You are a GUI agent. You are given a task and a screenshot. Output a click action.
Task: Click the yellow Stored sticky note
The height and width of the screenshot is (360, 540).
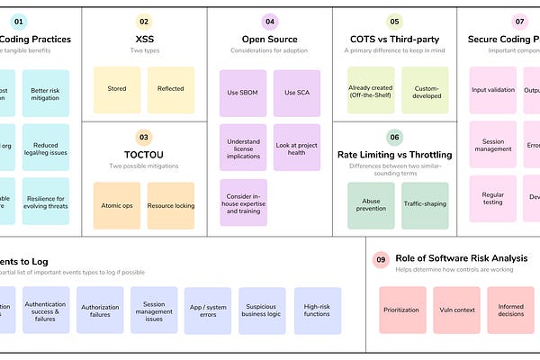(x=117, y=90)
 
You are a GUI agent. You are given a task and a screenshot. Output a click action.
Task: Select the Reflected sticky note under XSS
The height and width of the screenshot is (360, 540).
(x=171, y=90)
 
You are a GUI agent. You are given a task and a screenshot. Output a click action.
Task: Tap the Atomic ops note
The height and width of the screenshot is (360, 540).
(x=117, y=205)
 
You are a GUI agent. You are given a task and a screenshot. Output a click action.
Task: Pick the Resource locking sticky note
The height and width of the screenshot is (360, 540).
(x=171, y=205)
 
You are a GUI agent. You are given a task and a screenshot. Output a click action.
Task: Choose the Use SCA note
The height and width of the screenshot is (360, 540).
(x=297, y=93)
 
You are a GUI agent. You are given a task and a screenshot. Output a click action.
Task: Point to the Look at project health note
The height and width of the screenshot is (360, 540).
(x=297, y=148)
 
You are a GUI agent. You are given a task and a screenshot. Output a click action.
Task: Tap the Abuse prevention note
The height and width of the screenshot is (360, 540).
(x=371, y=205)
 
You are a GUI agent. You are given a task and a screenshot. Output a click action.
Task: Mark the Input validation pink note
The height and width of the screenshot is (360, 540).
(x=493, y=90)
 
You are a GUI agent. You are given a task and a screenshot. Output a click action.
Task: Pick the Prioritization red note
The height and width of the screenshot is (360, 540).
(x=402, y=310)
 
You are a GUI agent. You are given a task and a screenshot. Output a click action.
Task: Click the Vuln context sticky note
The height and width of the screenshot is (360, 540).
(x=456, y=310)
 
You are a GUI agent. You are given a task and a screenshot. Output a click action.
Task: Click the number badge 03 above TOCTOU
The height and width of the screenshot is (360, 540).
(x=144, y=138)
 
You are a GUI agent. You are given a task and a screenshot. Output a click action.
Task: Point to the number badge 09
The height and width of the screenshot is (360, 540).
(x=382, y=260)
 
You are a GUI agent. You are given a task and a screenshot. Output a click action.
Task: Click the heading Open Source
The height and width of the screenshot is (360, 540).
(x=270, y=39)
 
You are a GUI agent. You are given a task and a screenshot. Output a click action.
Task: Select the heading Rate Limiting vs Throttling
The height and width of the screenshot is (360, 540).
(x=394, y=155)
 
